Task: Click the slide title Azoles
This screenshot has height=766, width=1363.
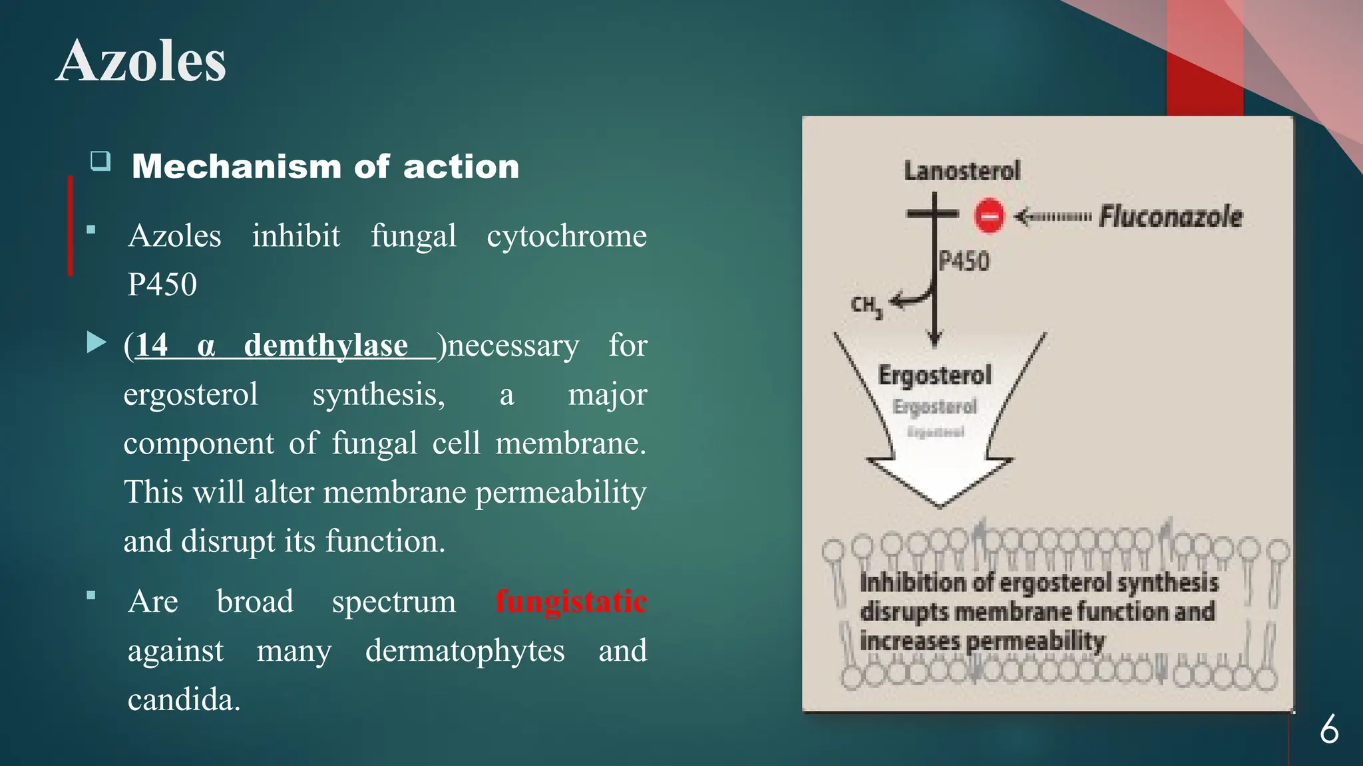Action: [x=141, y=61]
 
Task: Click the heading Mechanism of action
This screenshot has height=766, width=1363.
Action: [x=325, y=166]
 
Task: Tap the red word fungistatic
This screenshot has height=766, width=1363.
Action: [x=571, y=602]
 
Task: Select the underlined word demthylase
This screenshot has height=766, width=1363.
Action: [x=326, y=346]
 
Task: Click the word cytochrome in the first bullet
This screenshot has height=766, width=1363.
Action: [x=566, y=236]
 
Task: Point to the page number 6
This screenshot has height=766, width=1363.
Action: [x=1329, y=730]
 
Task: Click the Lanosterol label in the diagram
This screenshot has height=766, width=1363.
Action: [x=962, y=171]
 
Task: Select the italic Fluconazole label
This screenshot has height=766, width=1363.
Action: [x=1170, y=217]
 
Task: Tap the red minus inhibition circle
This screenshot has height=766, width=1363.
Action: [x=989, y=216]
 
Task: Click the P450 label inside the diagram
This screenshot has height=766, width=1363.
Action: [x=964, y=261]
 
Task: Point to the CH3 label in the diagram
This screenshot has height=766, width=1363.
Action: [x=867, y=306]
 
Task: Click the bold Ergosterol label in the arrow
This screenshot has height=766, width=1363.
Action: [x=934, y=375]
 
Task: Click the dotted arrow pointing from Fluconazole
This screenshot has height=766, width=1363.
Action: [x=1053, y=217]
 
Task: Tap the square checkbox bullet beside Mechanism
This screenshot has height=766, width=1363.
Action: [x=100, y=161]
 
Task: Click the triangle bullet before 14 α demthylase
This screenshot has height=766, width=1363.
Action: [x=97, y=343]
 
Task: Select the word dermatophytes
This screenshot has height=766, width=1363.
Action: [x=465, y=650]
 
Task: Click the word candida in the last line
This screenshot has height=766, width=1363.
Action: [x=184, y=700]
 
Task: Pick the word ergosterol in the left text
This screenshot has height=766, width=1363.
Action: [x=190, y=394]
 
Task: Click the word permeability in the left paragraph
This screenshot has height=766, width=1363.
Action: [x=560, y=492]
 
